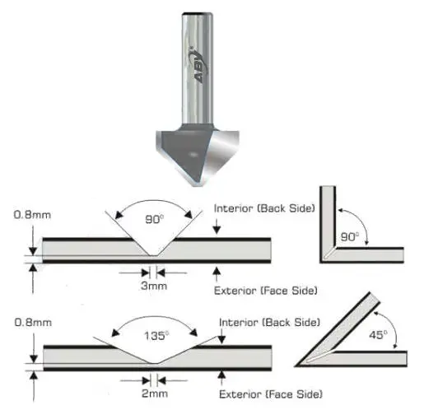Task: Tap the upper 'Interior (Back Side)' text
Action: tap(263, 208)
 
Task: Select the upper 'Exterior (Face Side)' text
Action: tap(263, 290)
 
